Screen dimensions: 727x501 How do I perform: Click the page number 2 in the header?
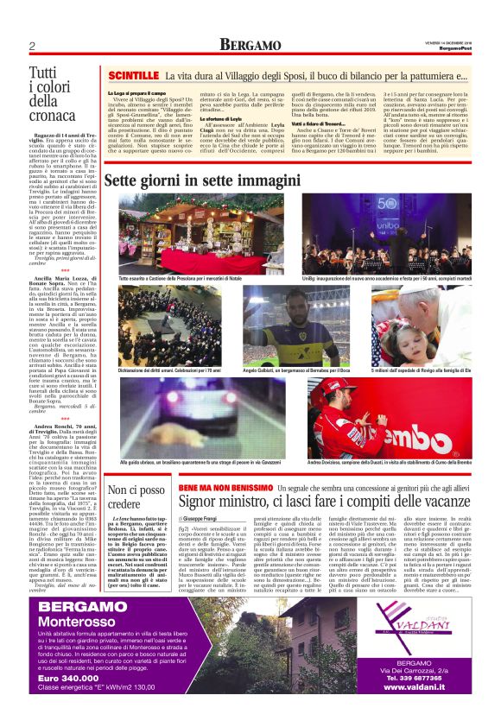click(31, 46)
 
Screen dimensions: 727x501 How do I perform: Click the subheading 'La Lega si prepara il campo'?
click(137, 92)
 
